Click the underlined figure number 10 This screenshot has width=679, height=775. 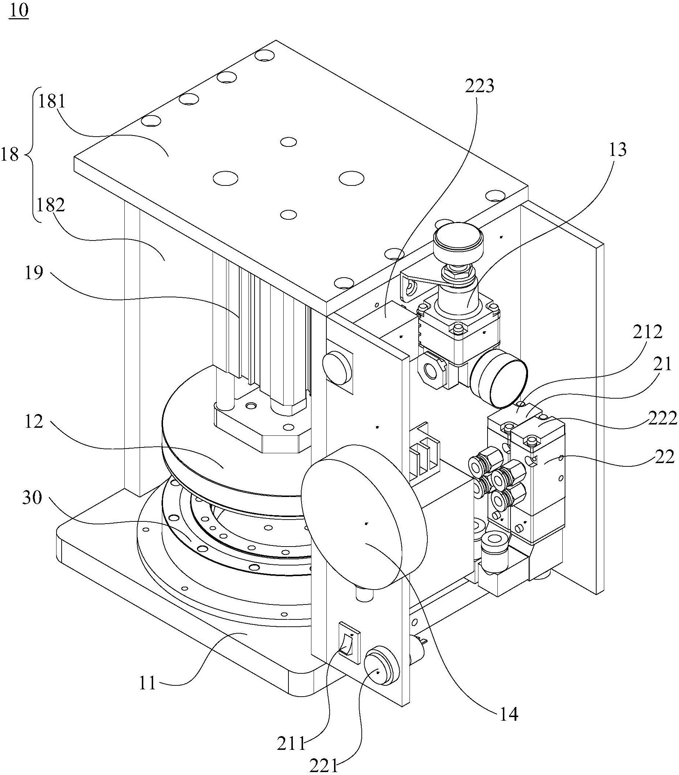click(x=19, y=11)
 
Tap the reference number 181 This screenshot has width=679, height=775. click(x=51, y=102)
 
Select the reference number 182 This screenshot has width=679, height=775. click(x=51, y=206)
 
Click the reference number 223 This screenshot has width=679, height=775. click(x=480, y=86)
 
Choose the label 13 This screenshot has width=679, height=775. click(x=617, y=150)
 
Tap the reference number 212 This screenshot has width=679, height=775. click(x=648, y=332)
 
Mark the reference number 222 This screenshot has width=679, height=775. click(x=662, y=419)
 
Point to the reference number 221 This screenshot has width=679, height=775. click(x=323, y=766)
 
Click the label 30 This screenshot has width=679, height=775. click(x=32, y=498)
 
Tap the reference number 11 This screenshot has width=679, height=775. click(x=148, y=684)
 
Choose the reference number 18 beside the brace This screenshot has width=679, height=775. click(x=9, y=154)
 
